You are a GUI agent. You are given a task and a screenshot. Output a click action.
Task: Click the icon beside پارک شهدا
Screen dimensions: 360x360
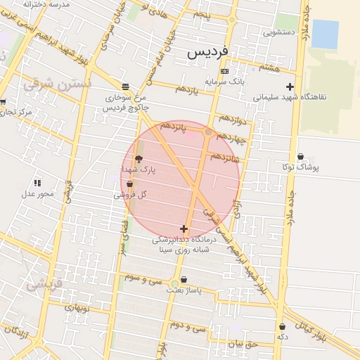click(x=138, y=158)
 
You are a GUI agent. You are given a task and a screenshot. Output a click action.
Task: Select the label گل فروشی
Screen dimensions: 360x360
click(x=130, y=195)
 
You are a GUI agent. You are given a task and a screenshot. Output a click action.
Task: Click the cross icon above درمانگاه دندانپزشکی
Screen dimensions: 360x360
click(x=184, y=229)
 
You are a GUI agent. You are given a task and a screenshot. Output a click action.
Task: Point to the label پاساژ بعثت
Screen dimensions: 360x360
click(x=184, y=290)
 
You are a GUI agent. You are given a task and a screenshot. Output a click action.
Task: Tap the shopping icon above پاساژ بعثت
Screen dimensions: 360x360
click(x=184, y=279)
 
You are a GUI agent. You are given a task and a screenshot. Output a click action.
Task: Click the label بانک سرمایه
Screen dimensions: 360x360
click(x=224, y=82)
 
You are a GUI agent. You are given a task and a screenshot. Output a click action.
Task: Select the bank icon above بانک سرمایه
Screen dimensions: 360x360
click(x=224, y=71)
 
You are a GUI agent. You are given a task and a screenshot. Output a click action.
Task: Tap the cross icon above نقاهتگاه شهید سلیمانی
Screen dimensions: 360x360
click(x=290, y=86)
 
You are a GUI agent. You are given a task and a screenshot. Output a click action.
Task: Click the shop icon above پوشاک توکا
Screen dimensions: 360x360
click(x=301, y=157)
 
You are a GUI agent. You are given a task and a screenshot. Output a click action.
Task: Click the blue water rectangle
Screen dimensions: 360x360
click(x=325, y=34)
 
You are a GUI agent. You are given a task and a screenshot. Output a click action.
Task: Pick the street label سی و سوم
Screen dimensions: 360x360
click(x=143, y=278)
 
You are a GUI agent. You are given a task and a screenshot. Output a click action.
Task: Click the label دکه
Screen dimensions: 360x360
click(x=283, y=337)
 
